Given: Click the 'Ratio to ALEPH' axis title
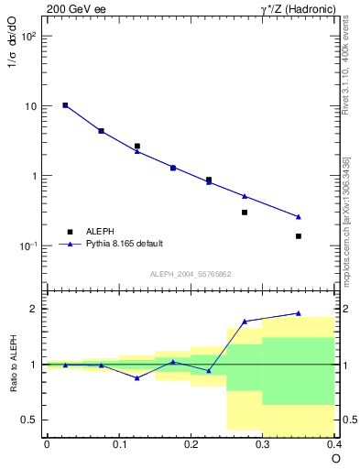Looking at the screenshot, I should (x=13, y=364).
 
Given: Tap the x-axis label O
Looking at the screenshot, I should (x=335, y=458).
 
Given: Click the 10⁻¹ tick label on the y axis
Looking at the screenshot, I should (x=27, y=246).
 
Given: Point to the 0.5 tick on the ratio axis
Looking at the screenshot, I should (x=29, y=420).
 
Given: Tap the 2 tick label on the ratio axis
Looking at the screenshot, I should (x=33, y=309).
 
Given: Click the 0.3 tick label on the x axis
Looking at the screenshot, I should (x=263, y=444).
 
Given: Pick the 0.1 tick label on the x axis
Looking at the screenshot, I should (x=118, y=444).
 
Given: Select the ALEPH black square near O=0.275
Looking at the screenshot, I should (x=245, y=213).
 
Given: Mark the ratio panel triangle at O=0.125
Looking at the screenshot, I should (x=136, y=377).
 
